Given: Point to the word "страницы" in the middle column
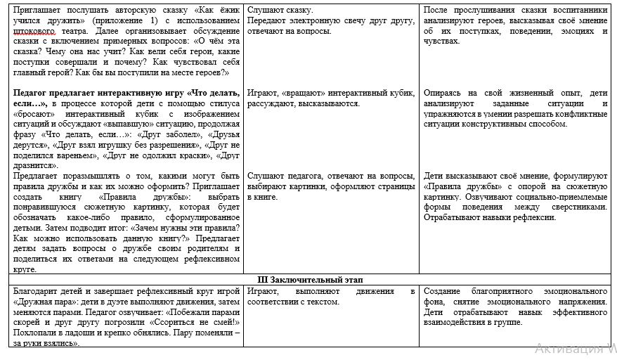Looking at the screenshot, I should pyautogui.click(x=397, y=186).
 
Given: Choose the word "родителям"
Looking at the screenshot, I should pyautogui.click(x=204, y=248).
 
